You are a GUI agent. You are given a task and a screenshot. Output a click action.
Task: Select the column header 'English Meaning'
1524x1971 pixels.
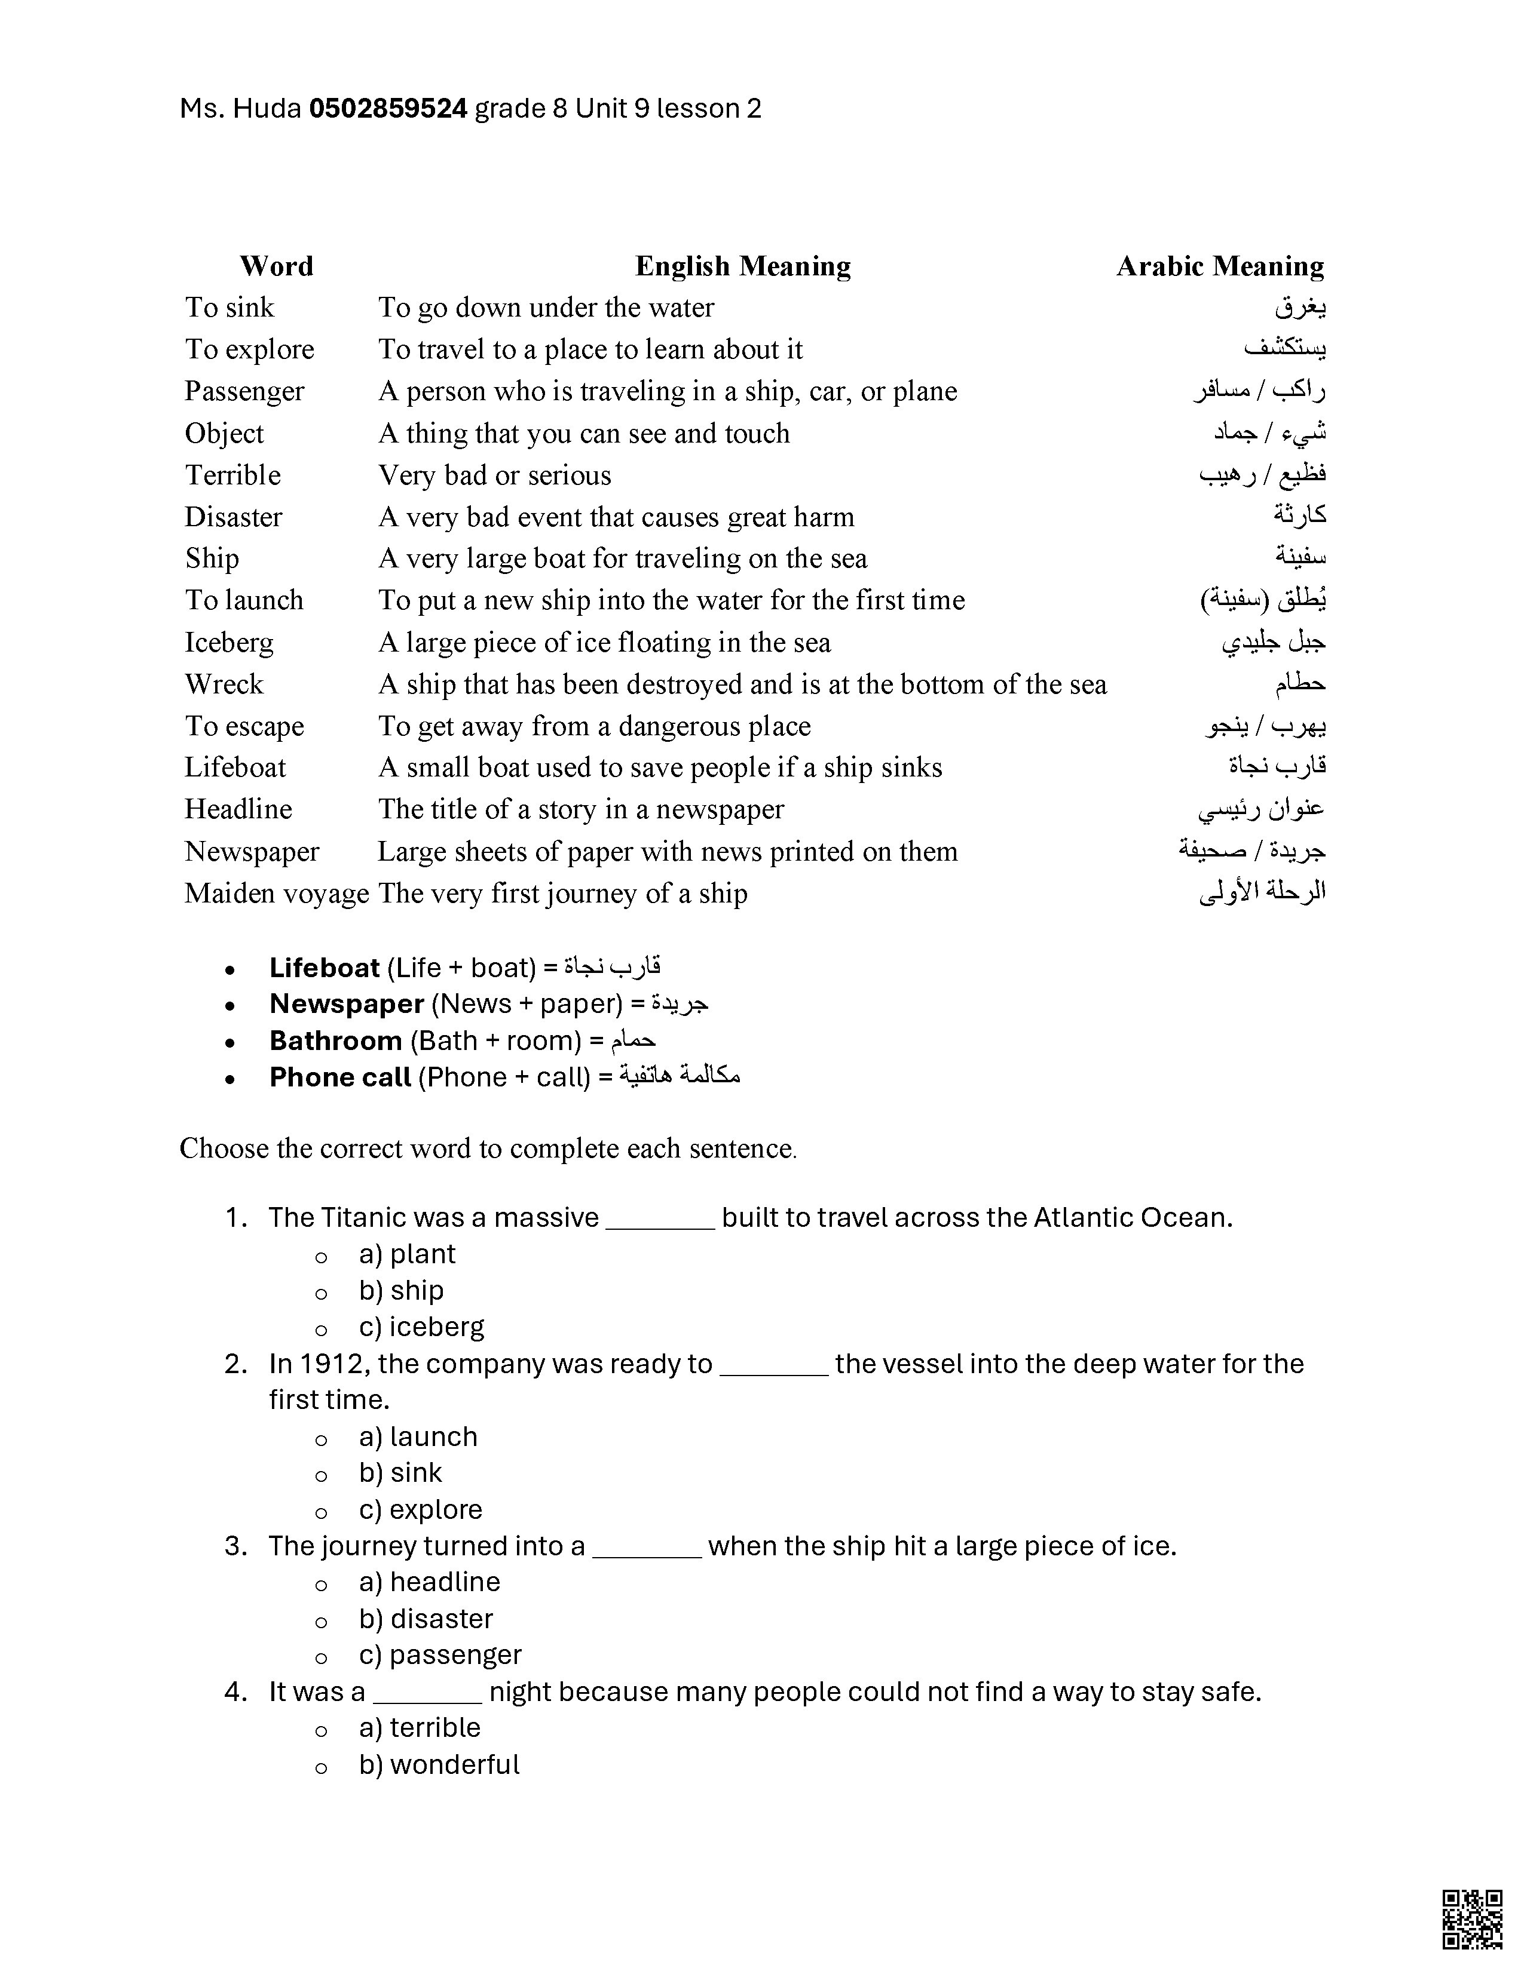click(x=742, y=266)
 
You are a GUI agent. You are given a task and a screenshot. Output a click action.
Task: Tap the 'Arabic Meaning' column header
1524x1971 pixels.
click(x=1220, y=266)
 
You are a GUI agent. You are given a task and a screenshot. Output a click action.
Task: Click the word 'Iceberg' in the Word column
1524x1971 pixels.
click(x=229, y=643)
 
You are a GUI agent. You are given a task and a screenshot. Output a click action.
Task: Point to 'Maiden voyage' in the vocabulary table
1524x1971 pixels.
click(x=276, y=894)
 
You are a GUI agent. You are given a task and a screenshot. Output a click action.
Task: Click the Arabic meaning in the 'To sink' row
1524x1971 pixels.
click(x=1300, y=308)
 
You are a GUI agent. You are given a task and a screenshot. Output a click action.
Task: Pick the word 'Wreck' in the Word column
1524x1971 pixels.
click(x=224, y=684)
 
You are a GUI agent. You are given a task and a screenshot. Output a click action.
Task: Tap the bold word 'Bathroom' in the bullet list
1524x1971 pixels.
click(x=335, y=1040)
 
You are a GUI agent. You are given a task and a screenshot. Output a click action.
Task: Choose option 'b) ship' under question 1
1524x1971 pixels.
click(x=401, y=1291)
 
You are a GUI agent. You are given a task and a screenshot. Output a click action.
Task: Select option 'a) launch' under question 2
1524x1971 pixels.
click(x=418, y=1436)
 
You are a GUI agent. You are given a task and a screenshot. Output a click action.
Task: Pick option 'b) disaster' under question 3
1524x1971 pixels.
click(x=426, y=1619)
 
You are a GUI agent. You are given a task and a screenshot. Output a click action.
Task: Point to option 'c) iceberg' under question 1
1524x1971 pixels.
click(x=421, y=1327)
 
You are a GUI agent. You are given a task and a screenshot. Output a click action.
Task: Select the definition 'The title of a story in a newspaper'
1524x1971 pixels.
click(x=580, y=809)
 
